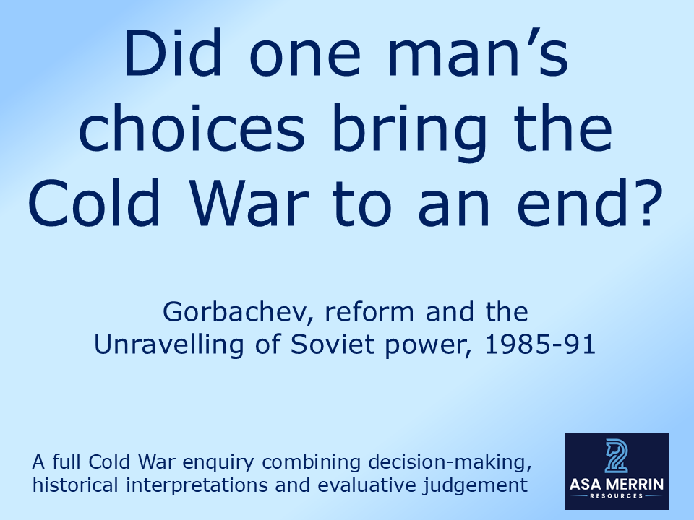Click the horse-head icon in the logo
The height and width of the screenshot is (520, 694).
click(617, 455)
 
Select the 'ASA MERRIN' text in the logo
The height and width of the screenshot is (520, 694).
click(617, 485)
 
